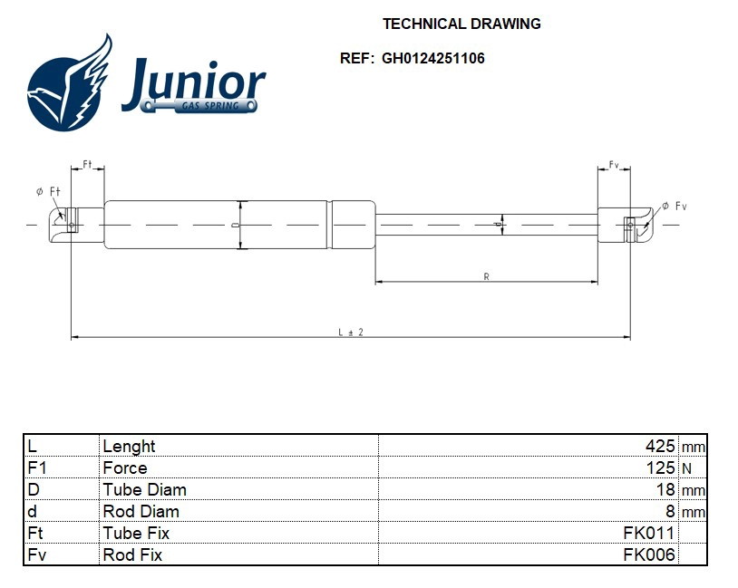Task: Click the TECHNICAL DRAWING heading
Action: [x=461, y=24]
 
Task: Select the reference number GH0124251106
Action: [x=433, y=59]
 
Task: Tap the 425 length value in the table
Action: [x=659, y=447]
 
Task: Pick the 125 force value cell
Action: [x=659, y=468]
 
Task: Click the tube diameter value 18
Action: [x=665, y=490]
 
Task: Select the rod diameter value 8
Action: [x=670, y=512]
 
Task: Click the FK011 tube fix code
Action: [x=648, y=534]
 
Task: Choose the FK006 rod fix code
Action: [x=648, y=555]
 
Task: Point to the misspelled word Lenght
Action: [x=129, y=447]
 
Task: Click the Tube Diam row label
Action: [x=144, y=490]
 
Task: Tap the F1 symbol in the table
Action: [x=37, y=468]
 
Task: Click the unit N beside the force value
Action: [x=686, y=468]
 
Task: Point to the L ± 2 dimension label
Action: [x=351, y=333]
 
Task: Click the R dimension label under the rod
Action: [x=487, y=277]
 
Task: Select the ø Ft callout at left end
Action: [x=48, y=191]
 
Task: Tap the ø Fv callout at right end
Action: [x=674, y=207]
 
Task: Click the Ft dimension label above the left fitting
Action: [x=88, y=164]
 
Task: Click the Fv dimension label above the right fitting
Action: [x=614, y=165]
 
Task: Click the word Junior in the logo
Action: [x=193, y=83]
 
